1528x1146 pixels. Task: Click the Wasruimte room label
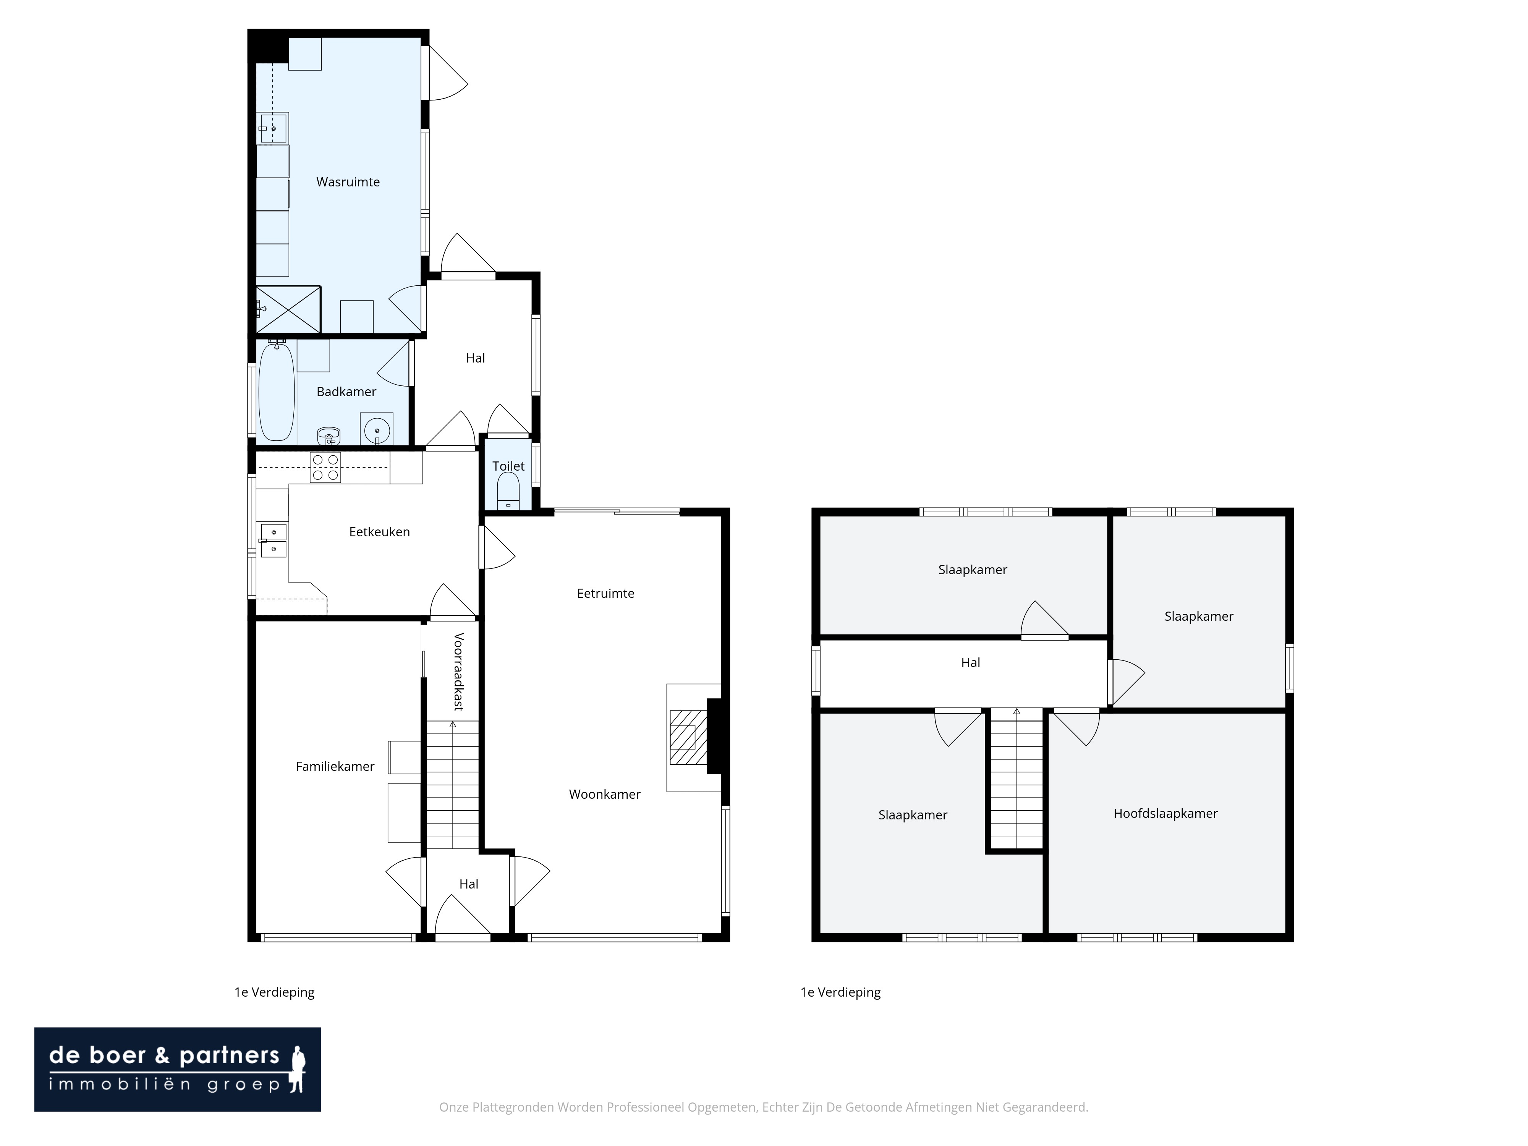(x=348, y=182)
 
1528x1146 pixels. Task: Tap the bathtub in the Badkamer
(x=276, y=392)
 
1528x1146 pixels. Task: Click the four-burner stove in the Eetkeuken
(x=325, y=467)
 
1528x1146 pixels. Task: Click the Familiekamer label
(x=335, y=766)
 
